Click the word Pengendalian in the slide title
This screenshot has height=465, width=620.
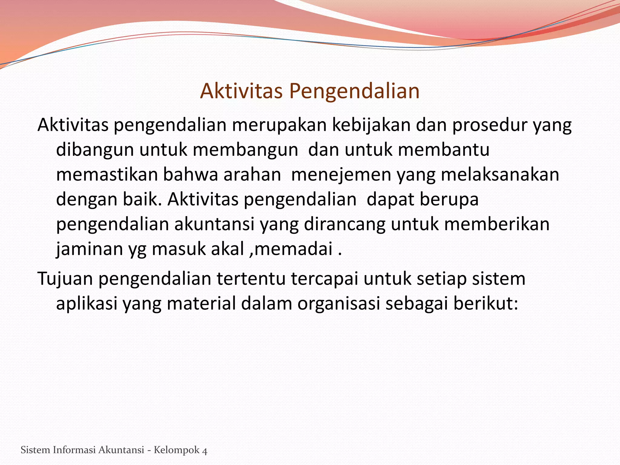354,91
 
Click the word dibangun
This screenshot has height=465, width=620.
95,150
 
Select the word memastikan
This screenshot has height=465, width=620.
107,175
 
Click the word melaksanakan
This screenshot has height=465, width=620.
500,175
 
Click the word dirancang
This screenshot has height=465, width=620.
345,224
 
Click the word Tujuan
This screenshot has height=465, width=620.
65,279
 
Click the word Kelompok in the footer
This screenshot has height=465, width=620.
176,450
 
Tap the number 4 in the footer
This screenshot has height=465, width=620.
205,451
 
